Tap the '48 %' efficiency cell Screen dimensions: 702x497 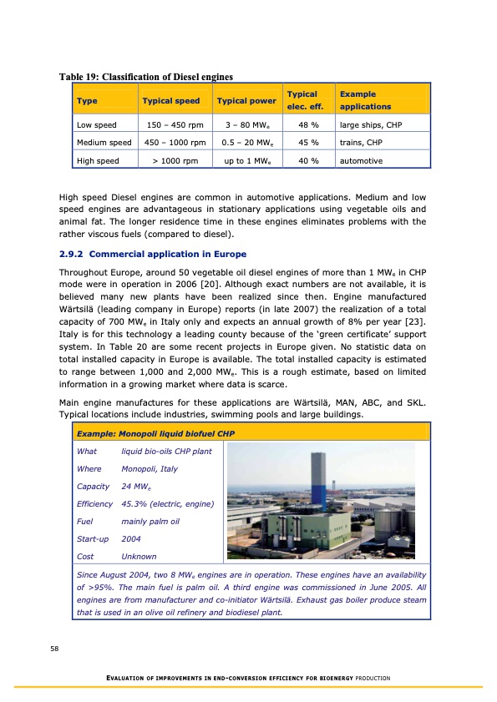click(x=305, y=126)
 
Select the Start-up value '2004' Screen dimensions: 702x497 click(x=131, y=538)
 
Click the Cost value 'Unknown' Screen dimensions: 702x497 click(x=139, y=556)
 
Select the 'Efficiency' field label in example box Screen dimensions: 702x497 click(x=94, y=503)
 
